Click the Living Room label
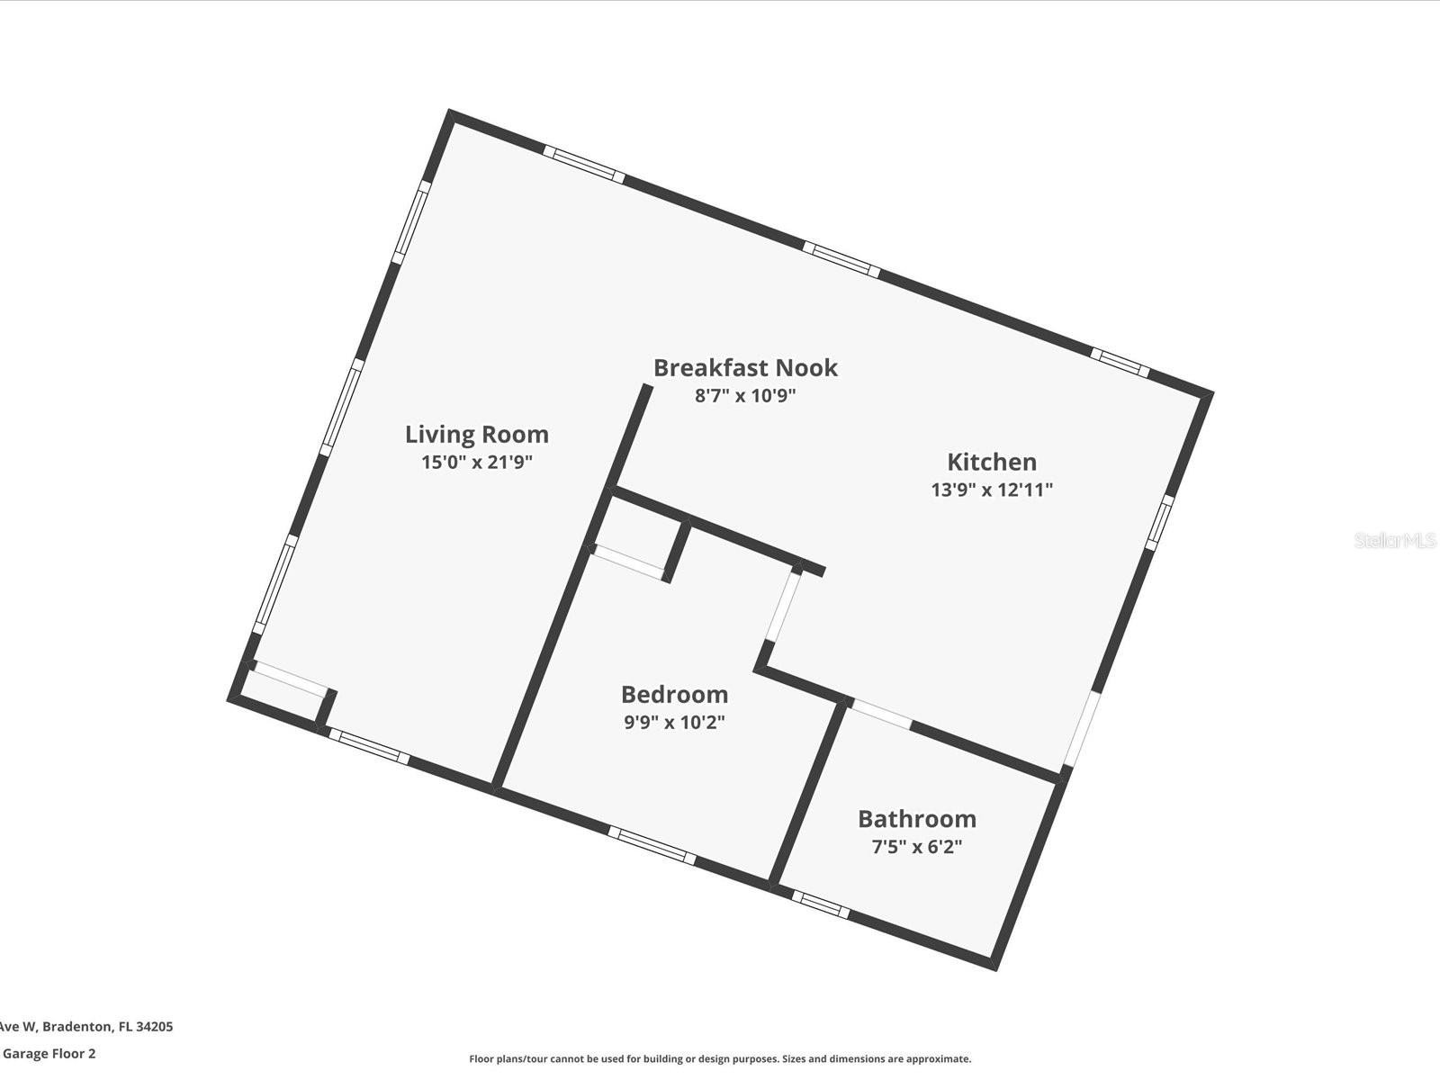tap(477, 434)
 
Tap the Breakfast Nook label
tap(745, 368)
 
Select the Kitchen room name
tap(992, 463)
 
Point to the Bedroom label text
tap(674, 695)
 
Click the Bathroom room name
tap(917, 819)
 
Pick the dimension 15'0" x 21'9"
tap(477, 463)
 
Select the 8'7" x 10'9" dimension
tap(745, 395)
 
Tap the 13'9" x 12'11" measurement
tap(992, 490)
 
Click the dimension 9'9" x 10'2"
tap(674, 722)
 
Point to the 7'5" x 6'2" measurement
tap(917, 847)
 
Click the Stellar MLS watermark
tap(1395, 540)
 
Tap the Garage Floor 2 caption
tap(49, 1053)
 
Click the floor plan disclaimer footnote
tap(720, 1058)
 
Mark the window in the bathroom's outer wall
tap(821, 904)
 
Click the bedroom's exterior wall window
tap(652, 845)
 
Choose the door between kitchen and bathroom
tap(881, 714)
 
